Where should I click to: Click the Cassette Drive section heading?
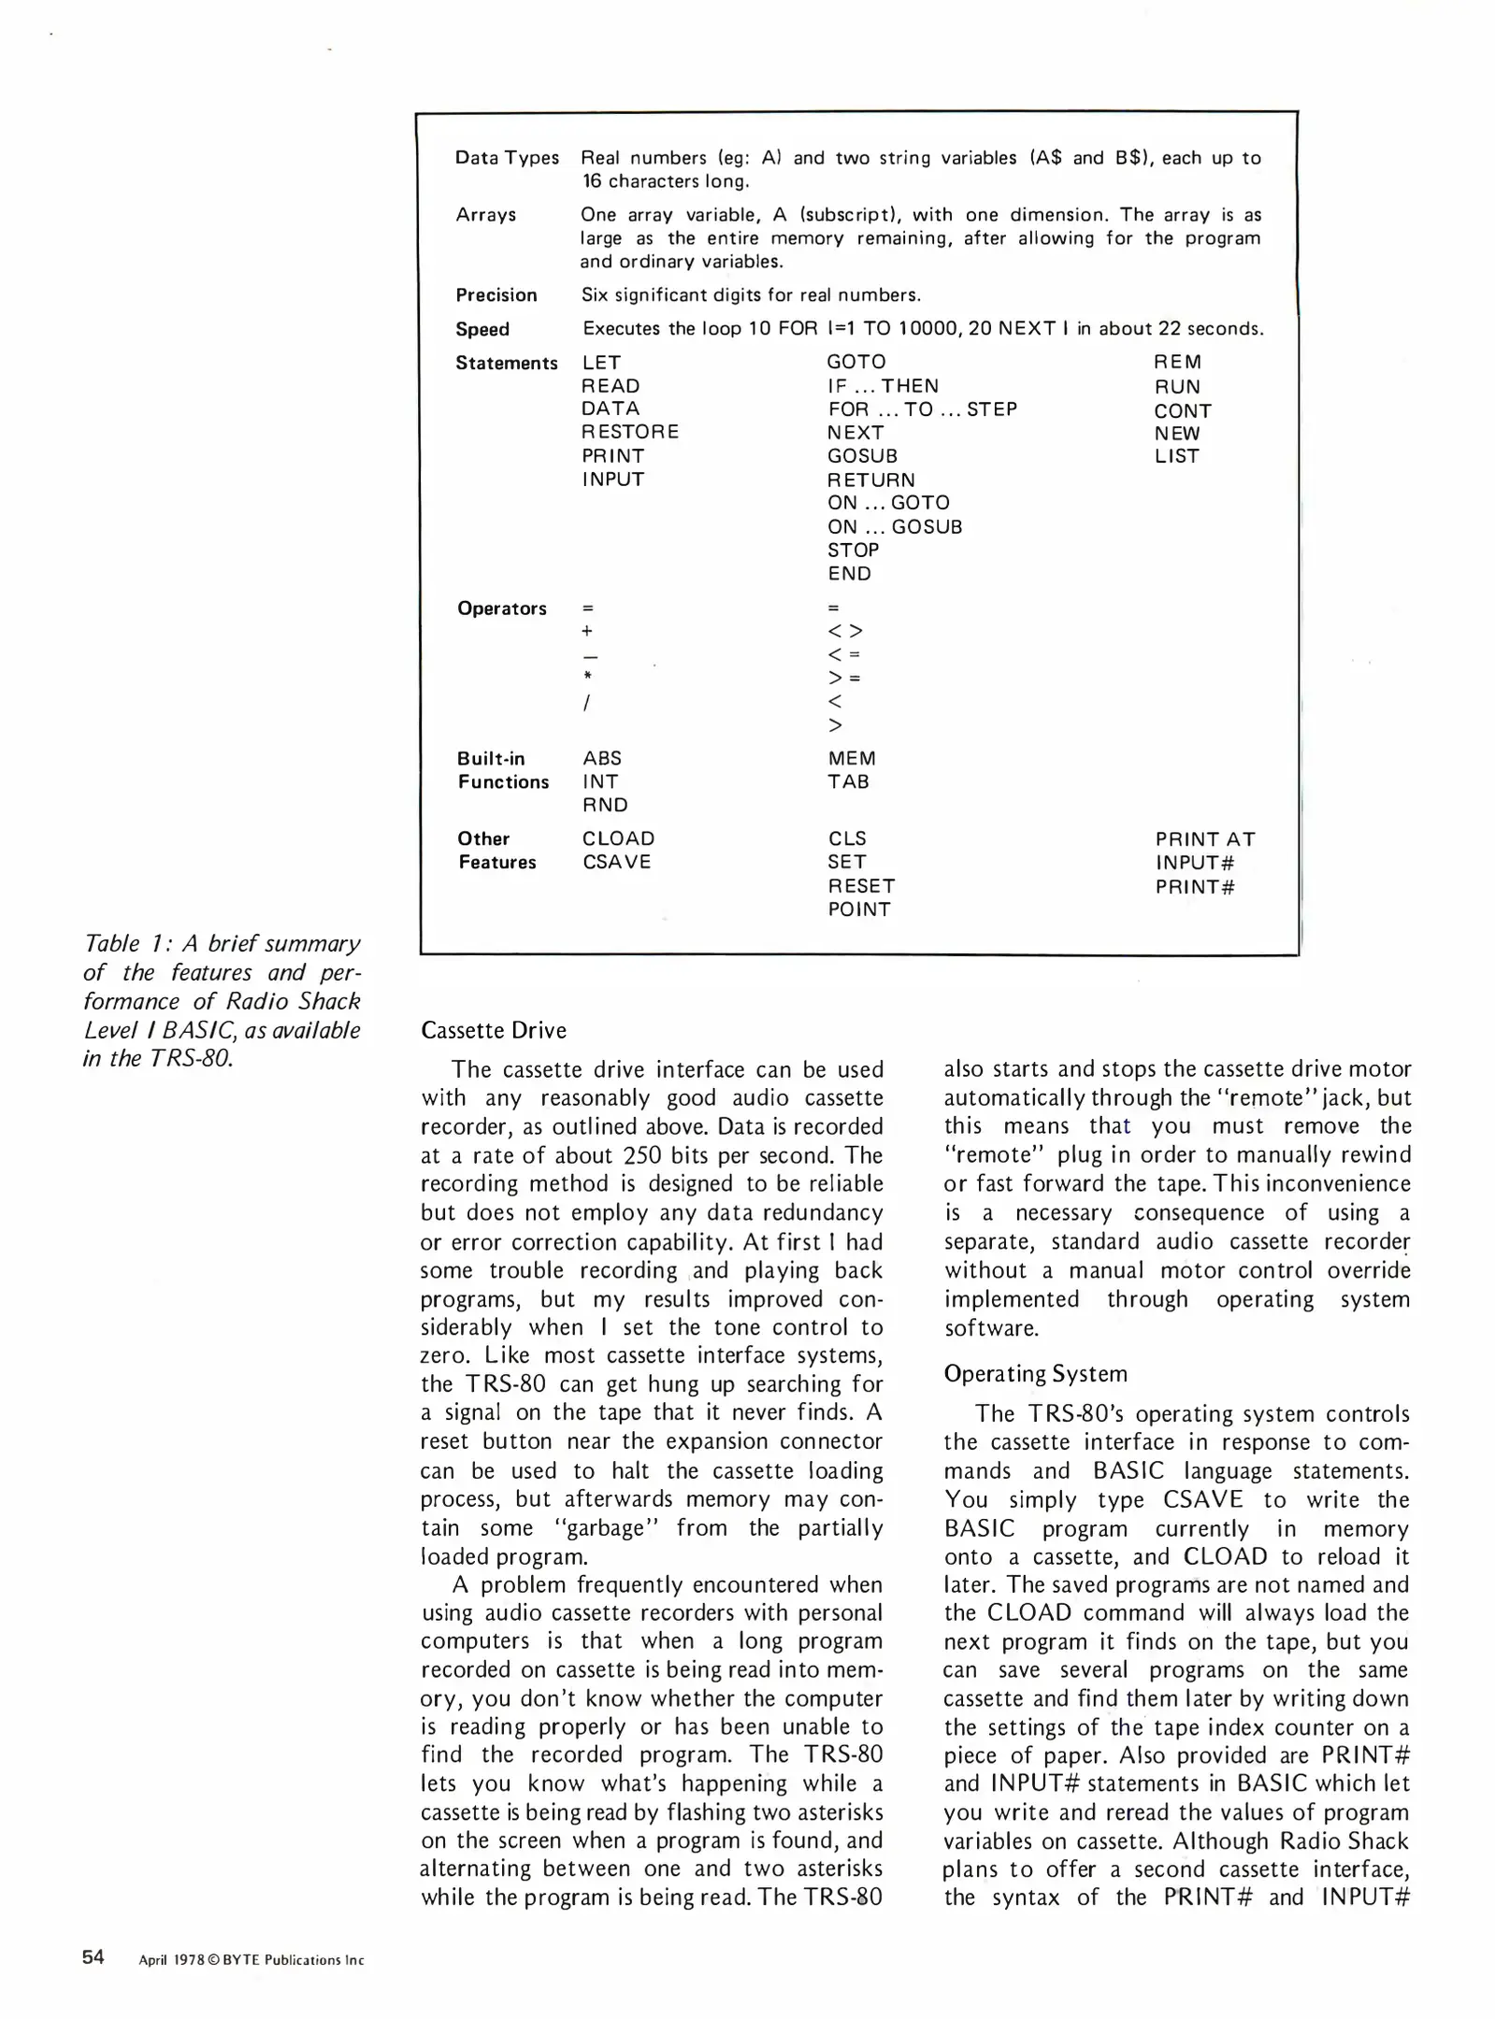pos(494,1030)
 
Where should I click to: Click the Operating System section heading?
pos(1035,1373)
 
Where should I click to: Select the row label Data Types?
pos(507,157)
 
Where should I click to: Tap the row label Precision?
pos(496,295)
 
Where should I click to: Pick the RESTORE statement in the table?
pos(630,432)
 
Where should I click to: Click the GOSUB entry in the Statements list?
pos(862,456)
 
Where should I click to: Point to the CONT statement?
pos(1183,410)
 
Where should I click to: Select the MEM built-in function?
pos(852,758)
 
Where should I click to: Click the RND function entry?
pos(605,805)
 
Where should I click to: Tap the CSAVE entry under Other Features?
pos(616,862)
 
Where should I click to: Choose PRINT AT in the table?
pos(1205,838)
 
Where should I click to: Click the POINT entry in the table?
pos(858,909)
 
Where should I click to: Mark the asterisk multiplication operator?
pos(587,676)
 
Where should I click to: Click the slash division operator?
pos(586,702)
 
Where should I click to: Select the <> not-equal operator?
pos(845,631)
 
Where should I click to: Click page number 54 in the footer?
pos(93,1957)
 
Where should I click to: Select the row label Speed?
pos(482,329)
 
